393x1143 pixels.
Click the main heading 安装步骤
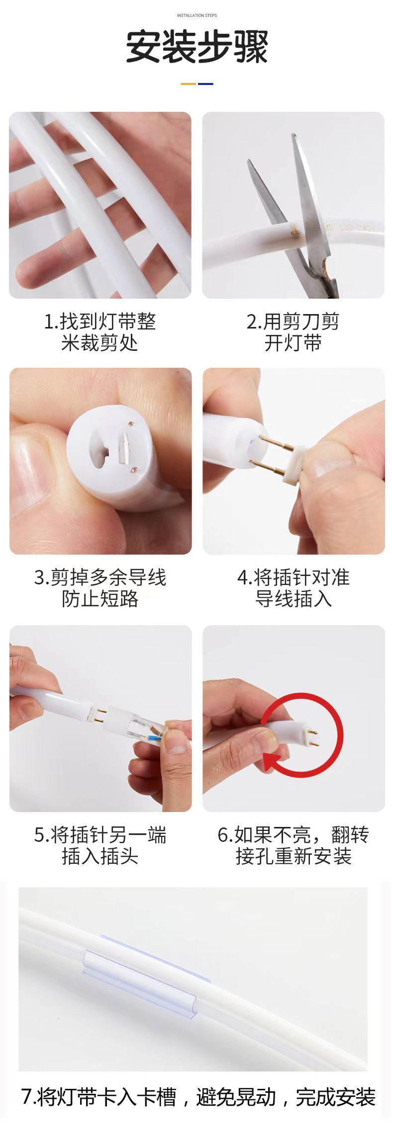tap(196, 47)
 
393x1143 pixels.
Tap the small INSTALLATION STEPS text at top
tap(196, 15)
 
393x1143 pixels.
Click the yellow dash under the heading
tap(188, 84)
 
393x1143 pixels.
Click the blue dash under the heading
tap(205, 84)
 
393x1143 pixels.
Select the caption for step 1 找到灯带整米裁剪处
tap(99, 332)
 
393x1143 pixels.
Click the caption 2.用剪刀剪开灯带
tap(293, 332)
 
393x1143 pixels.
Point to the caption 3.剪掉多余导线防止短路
tap(100, 588)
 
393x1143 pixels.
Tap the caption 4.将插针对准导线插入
tap(293, 588)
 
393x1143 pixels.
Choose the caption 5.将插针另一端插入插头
tap(100, 845)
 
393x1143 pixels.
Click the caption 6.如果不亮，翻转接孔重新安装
tap(293, 845)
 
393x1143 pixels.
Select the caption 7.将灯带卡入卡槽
tap(197, 1097)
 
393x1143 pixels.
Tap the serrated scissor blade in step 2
tap(266, 191)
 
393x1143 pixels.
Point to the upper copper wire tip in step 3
tap(131, 424)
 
